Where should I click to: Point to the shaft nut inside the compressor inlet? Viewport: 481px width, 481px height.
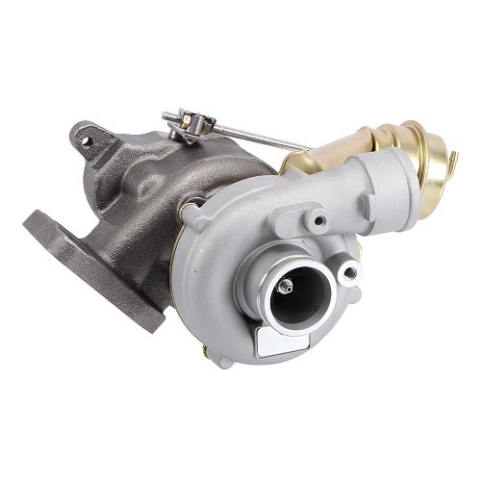click(287, 287)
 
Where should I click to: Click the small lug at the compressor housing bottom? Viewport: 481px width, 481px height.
click(223, 360)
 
